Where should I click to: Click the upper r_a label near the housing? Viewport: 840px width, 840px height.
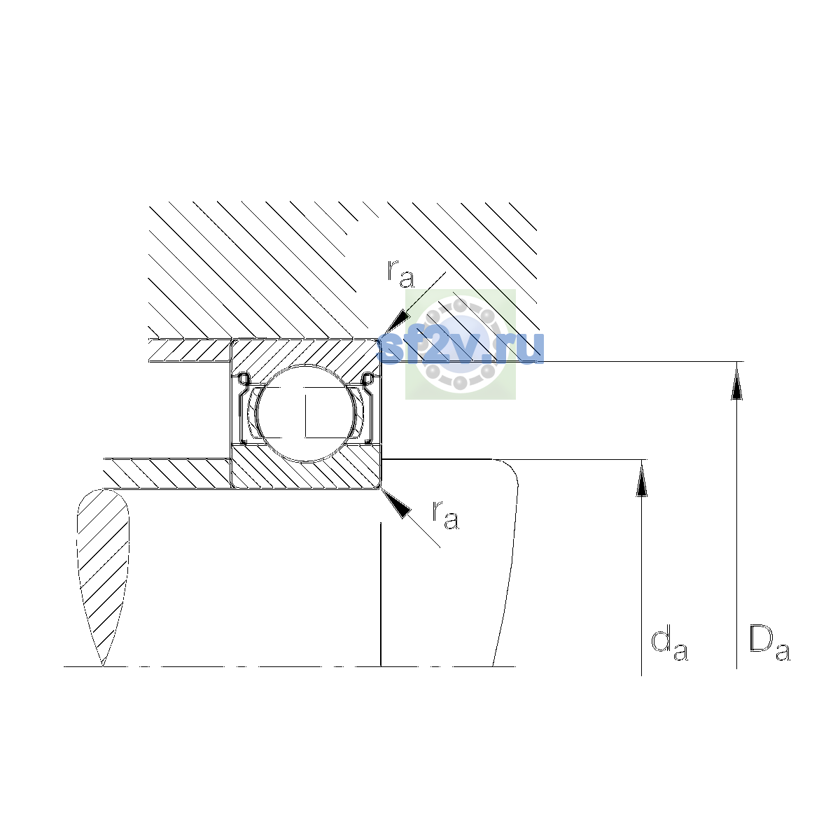click(x=400, y=274)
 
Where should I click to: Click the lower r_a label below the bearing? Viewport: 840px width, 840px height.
click(x=445, y=515)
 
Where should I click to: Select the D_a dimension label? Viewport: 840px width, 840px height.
click(x=769, y=644)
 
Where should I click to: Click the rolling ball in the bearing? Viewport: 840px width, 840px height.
click(x=307, y=413)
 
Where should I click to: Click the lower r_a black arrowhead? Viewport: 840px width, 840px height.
click(x=396, y=503)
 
